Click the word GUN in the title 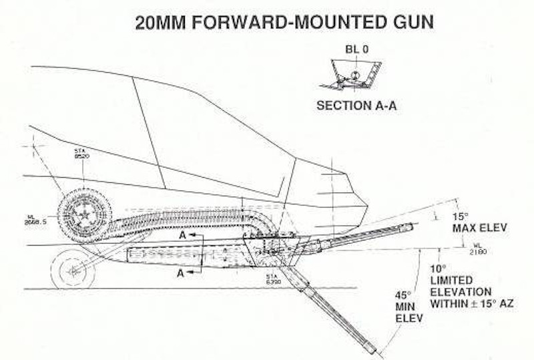(409, 21)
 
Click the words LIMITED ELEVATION (461, 287)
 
